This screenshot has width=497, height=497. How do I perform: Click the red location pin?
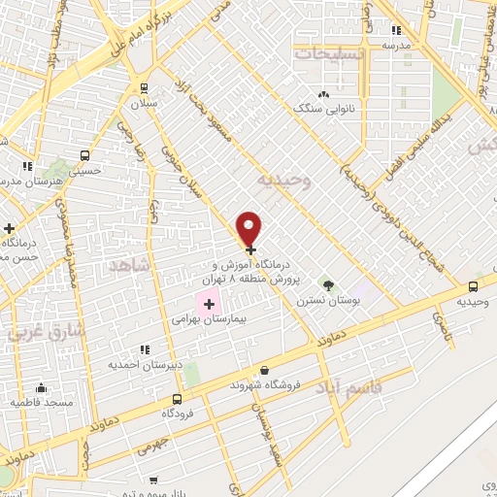[x=249, y=228]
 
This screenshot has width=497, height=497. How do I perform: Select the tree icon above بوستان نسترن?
[x=329, y=286]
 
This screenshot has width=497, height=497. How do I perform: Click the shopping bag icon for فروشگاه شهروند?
[x=264, y=370]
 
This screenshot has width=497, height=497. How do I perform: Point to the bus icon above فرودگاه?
[x=177, y=399]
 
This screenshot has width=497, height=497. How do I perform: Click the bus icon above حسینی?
[x=86, y=155]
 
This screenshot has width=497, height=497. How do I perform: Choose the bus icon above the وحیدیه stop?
[x=473, y=286]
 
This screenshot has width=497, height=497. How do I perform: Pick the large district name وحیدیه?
[x=282, y=180]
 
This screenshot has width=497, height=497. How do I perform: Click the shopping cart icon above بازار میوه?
[x=153, y=480]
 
